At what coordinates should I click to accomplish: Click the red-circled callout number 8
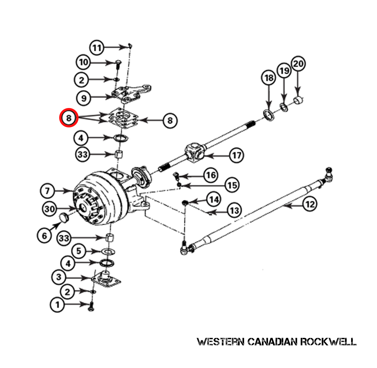pos(69,118)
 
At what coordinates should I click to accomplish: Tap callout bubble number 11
pos(97,48)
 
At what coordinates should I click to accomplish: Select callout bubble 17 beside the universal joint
pos(237,156)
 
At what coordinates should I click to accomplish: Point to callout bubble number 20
pos(298,63)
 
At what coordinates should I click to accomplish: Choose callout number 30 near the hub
pos(49,209)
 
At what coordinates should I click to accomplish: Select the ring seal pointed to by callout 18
pos(269,115)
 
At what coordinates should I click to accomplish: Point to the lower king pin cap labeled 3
pos(106,279)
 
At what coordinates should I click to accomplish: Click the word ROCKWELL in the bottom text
pos(328,341)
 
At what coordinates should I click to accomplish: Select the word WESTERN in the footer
pos(220,341)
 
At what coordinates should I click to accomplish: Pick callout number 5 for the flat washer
pos(79,251)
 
